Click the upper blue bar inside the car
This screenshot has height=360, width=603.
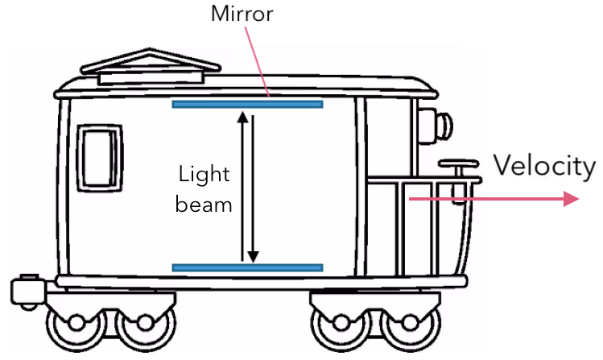pyautogui.click(x=247, y=104)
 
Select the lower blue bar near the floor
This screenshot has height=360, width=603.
pyautogui.click(x=247, y=267)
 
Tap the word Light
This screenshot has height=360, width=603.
pyautogui.click(x=204, y=175)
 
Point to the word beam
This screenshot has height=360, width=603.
pyautogui.click(x=204, y=205)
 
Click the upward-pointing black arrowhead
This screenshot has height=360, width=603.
pyautogui.click(x=242, y=118)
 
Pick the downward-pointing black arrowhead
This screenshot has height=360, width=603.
pyautogui.click(x=253, y=256)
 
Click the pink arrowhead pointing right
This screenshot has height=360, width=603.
pyautogui.click(x=572, y=198)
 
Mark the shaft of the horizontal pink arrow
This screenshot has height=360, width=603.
pyautogui.click(x=483, y=198)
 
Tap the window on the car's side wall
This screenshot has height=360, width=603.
pyautogui.click(x=101, y=158)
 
